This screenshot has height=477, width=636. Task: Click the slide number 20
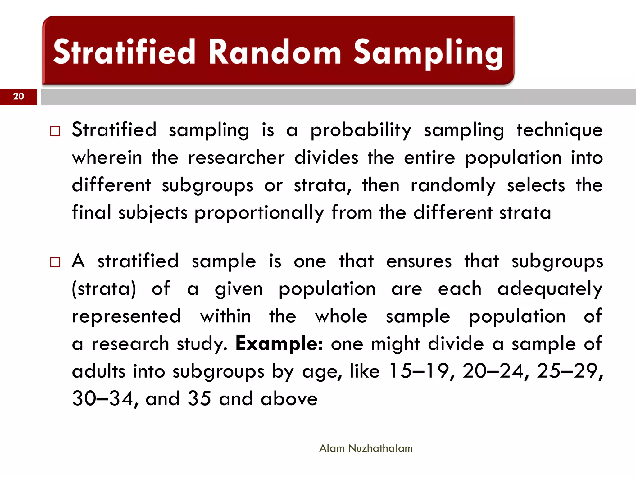tap(19, 96)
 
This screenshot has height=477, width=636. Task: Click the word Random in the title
tap(275, 52)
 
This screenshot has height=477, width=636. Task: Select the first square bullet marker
tap(55, 131)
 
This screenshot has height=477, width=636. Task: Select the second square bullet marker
tap(55, 262)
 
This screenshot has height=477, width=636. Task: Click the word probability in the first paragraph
tap(361, 130)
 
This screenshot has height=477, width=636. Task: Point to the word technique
tap(560, 130)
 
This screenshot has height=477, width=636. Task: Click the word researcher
tap(236, 158)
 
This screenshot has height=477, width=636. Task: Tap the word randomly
tap(453, 186)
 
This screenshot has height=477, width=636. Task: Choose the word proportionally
tap(259, 214)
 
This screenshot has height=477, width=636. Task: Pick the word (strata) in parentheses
tap(104, 289)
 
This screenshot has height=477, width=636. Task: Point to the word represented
tap(126, 317)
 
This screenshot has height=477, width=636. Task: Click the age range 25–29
tap(567, 371)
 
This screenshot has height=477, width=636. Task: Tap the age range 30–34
tap(102, 398)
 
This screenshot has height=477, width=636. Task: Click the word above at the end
tap(289, 399)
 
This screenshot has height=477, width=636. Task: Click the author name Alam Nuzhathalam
tap(366, 448)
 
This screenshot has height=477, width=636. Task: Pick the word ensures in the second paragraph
tap(419, 261)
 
